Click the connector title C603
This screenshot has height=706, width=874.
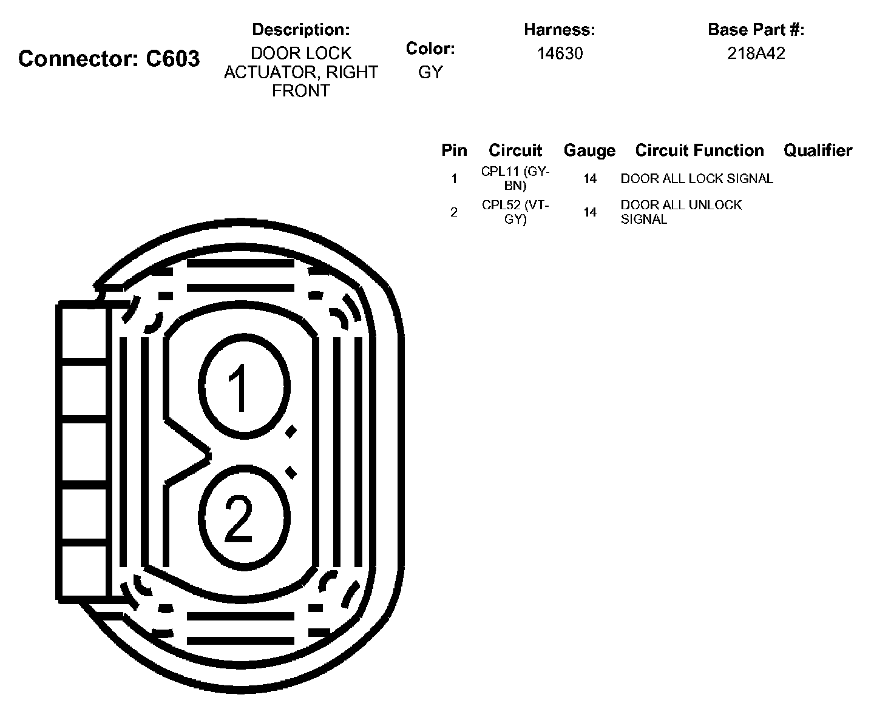point(109,58)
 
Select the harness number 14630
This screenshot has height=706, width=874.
point(560,53)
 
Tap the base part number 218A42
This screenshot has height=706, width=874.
point(756,53)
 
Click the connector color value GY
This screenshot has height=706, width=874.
point(430,72)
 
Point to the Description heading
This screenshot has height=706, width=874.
point(301,30)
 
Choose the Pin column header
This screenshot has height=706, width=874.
point(454,150)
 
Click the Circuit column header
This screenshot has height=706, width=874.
point(515,150)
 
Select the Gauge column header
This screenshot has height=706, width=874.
point(589,151)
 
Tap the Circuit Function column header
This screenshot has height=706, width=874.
point(699,150)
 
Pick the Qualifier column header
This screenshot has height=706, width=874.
point(818,150)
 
